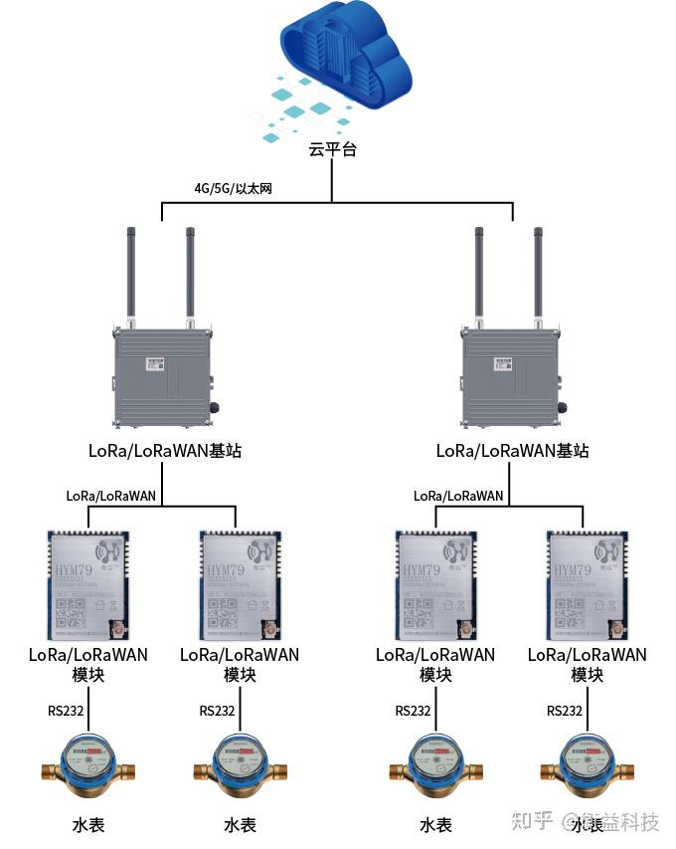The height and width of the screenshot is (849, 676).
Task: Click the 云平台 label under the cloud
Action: (x=332, y=149)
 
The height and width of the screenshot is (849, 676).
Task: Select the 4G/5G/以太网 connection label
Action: (x=233, y=188)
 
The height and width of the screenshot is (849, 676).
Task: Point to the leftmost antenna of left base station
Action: (x=130, y=274)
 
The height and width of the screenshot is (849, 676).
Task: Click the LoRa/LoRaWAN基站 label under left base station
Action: (x=165, y=451)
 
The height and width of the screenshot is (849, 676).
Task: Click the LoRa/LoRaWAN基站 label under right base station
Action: (x=512, y=451)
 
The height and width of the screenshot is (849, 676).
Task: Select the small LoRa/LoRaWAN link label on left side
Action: (x=111, y=495)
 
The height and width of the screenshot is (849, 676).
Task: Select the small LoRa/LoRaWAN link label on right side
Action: (x=458, y=495)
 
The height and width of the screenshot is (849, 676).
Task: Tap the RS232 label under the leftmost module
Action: (x=67, y=711)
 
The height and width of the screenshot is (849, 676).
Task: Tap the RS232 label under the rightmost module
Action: (x=565, y=711)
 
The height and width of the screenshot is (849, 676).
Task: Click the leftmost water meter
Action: (x=88, y=767)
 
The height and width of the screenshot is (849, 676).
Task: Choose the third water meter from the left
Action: (x=435, y=767)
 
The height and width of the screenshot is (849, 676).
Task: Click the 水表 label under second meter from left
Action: (x=240, y=825)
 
